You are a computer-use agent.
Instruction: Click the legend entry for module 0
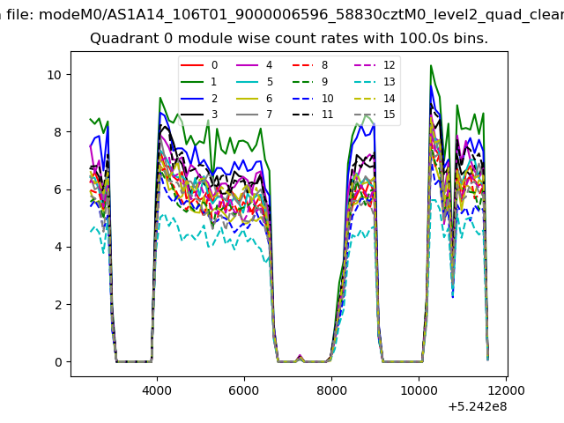[x=199, y=65]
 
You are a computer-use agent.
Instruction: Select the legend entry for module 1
[x=199, y=82]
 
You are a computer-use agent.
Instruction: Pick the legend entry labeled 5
[x=255, y=82]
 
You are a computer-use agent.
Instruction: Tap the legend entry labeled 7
[x=255, y=115]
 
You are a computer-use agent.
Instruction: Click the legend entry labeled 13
[x=375, y=82]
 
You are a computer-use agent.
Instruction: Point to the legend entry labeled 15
[x=375, y=115]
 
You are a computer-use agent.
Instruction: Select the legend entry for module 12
[x=375, y=65]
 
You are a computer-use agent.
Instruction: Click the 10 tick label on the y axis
[x=55, y=75]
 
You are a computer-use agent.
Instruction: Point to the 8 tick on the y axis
[x=58, y=132]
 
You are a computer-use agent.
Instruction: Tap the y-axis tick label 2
[x=58, y=305]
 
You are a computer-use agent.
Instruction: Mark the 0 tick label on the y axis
[x=58, y=362]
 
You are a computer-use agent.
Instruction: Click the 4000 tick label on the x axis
[x=157, y=390]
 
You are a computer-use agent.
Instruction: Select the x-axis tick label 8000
[x=331, y=390]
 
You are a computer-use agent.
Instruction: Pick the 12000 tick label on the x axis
[x=506, y=390]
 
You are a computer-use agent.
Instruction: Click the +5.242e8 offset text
[x=478, y=407]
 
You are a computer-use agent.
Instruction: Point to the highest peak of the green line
[x=431, y=65]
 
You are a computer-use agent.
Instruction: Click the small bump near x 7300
[x=300, y=356]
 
